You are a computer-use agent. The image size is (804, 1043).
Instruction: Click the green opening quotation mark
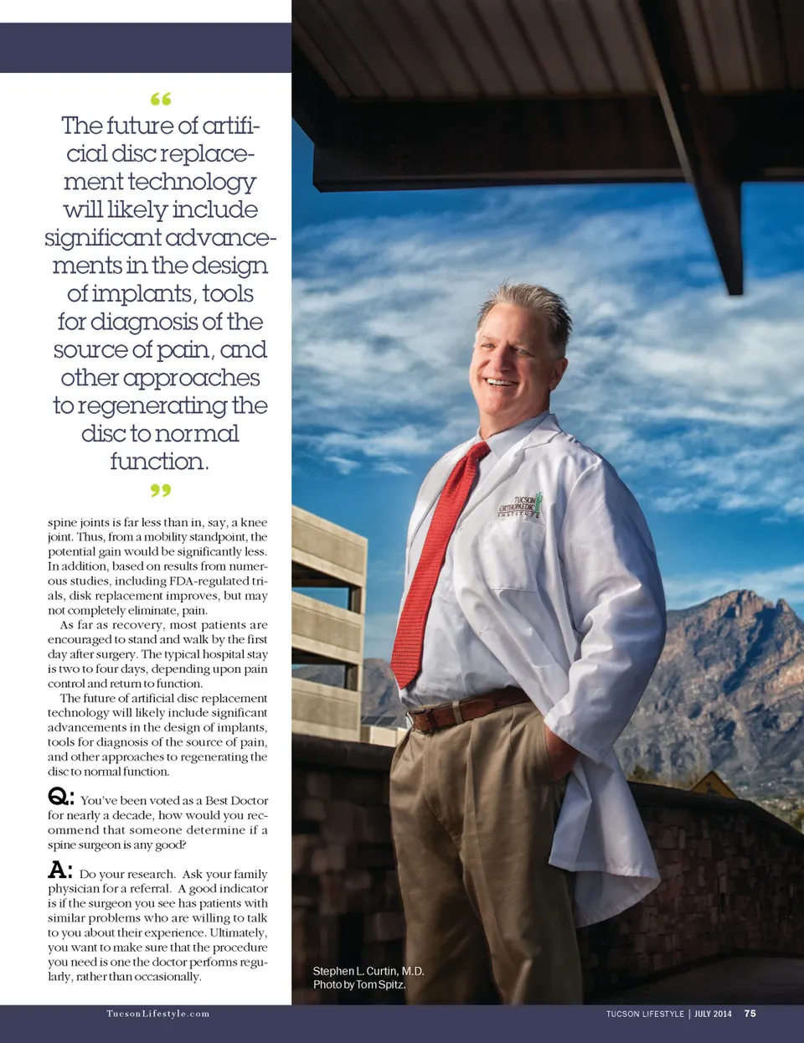161,100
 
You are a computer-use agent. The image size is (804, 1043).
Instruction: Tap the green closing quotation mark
161,489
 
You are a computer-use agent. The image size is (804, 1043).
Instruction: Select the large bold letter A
59,870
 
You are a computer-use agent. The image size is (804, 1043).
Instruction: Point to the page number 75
750,1014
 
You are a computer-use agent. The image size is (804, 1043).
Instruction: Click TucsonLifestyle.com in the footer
157,1014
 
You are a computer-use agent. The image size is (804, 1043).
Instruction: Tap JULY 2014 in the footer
713,1014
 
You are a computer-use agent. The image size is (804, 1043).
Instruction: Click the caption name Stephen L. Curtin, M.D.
368,971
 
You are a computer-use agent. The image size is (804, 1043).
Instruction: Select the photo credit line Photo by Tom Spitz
359,984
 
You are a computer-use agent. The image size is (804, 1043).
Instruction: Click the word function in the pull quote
159,462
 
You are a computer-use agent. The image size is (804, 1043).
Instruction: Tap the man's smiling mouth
502,383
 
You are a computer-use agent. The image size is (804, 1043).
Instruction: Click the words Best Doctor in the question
237,801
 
